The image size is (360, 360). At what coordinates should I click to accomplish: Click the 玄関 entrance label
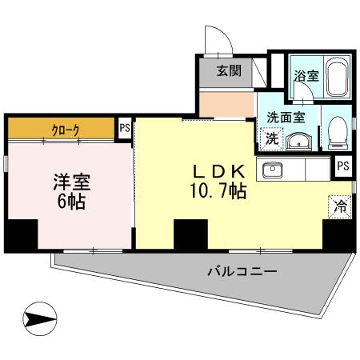click(x=229, y=70)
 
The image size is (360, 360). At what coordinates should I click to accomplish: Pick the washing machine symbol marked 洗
click(x=272, y=138)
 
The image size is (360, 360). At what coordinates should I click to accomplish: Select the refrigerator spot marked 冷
click(x=340, y=205)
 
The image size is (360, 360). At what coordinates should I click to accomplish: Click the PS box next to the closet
click(x=125, y=126)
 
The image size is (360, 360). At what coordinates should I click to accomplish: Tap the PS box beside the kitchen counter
click(x=342, y=166)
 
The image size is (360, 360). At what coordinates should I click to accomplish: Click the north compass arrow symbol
click(x=37, y=320)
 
